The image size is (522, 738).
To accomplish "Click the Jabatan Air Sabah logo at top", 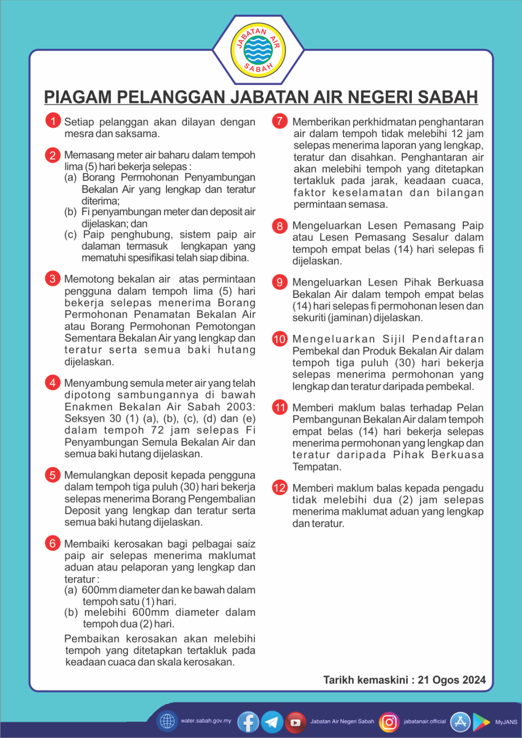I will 258,50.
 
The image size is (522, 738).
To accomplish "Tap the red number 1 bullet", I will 53,121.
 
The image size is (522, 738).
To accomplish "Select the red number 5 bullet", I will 53,475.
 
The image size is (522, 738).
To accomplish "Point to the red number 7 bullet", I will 280,121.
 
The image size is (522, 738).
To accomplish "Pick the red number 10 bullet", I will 280,339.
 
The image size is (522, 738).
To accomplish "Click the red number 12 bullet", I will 280,487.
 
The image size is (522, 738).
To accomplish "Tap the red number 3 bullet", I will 53,279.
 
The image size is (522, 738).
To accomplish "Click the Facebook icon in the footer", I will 248,722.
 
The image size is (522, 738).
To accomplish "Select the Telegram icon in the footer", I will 272,722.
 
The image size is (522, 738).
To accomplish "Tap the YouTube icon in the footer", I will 295,722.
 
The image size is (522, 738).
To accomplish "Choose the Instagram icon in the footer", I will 389,722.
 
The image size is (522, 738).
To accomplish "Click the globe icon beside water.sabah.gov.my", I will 167,721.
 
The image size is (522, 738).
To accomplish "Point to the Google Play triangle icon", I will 481,722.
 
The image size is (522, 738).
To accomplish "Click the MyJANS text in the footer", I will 506,722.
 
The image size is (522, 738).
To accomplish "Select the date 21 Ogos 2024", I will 452,680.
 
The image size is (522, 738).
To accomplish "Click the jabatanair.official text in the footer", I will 424,722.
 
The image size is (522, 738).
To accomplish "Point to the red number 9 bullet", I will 280,282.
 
